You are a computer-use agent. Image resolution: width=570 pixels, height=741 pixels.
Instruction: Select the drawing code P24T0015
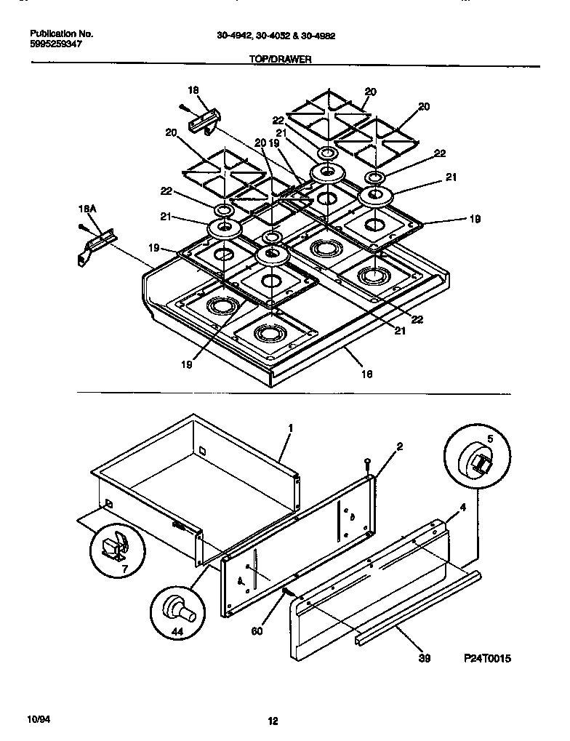tap(488, 658)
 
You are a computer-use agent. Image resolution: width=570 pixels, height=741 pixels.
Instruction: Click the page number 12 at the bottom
tap(273, 721)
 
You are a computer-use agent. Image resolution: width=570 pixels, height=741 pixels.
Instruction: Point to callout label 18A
tap(87, 209)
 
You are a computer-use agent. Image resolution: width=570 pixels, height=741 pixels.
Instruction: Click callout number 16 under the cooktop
tap(366, 374)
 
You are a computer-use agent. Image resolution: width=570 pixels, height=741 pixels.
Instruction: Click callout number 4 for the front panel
tap(463, 506)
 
